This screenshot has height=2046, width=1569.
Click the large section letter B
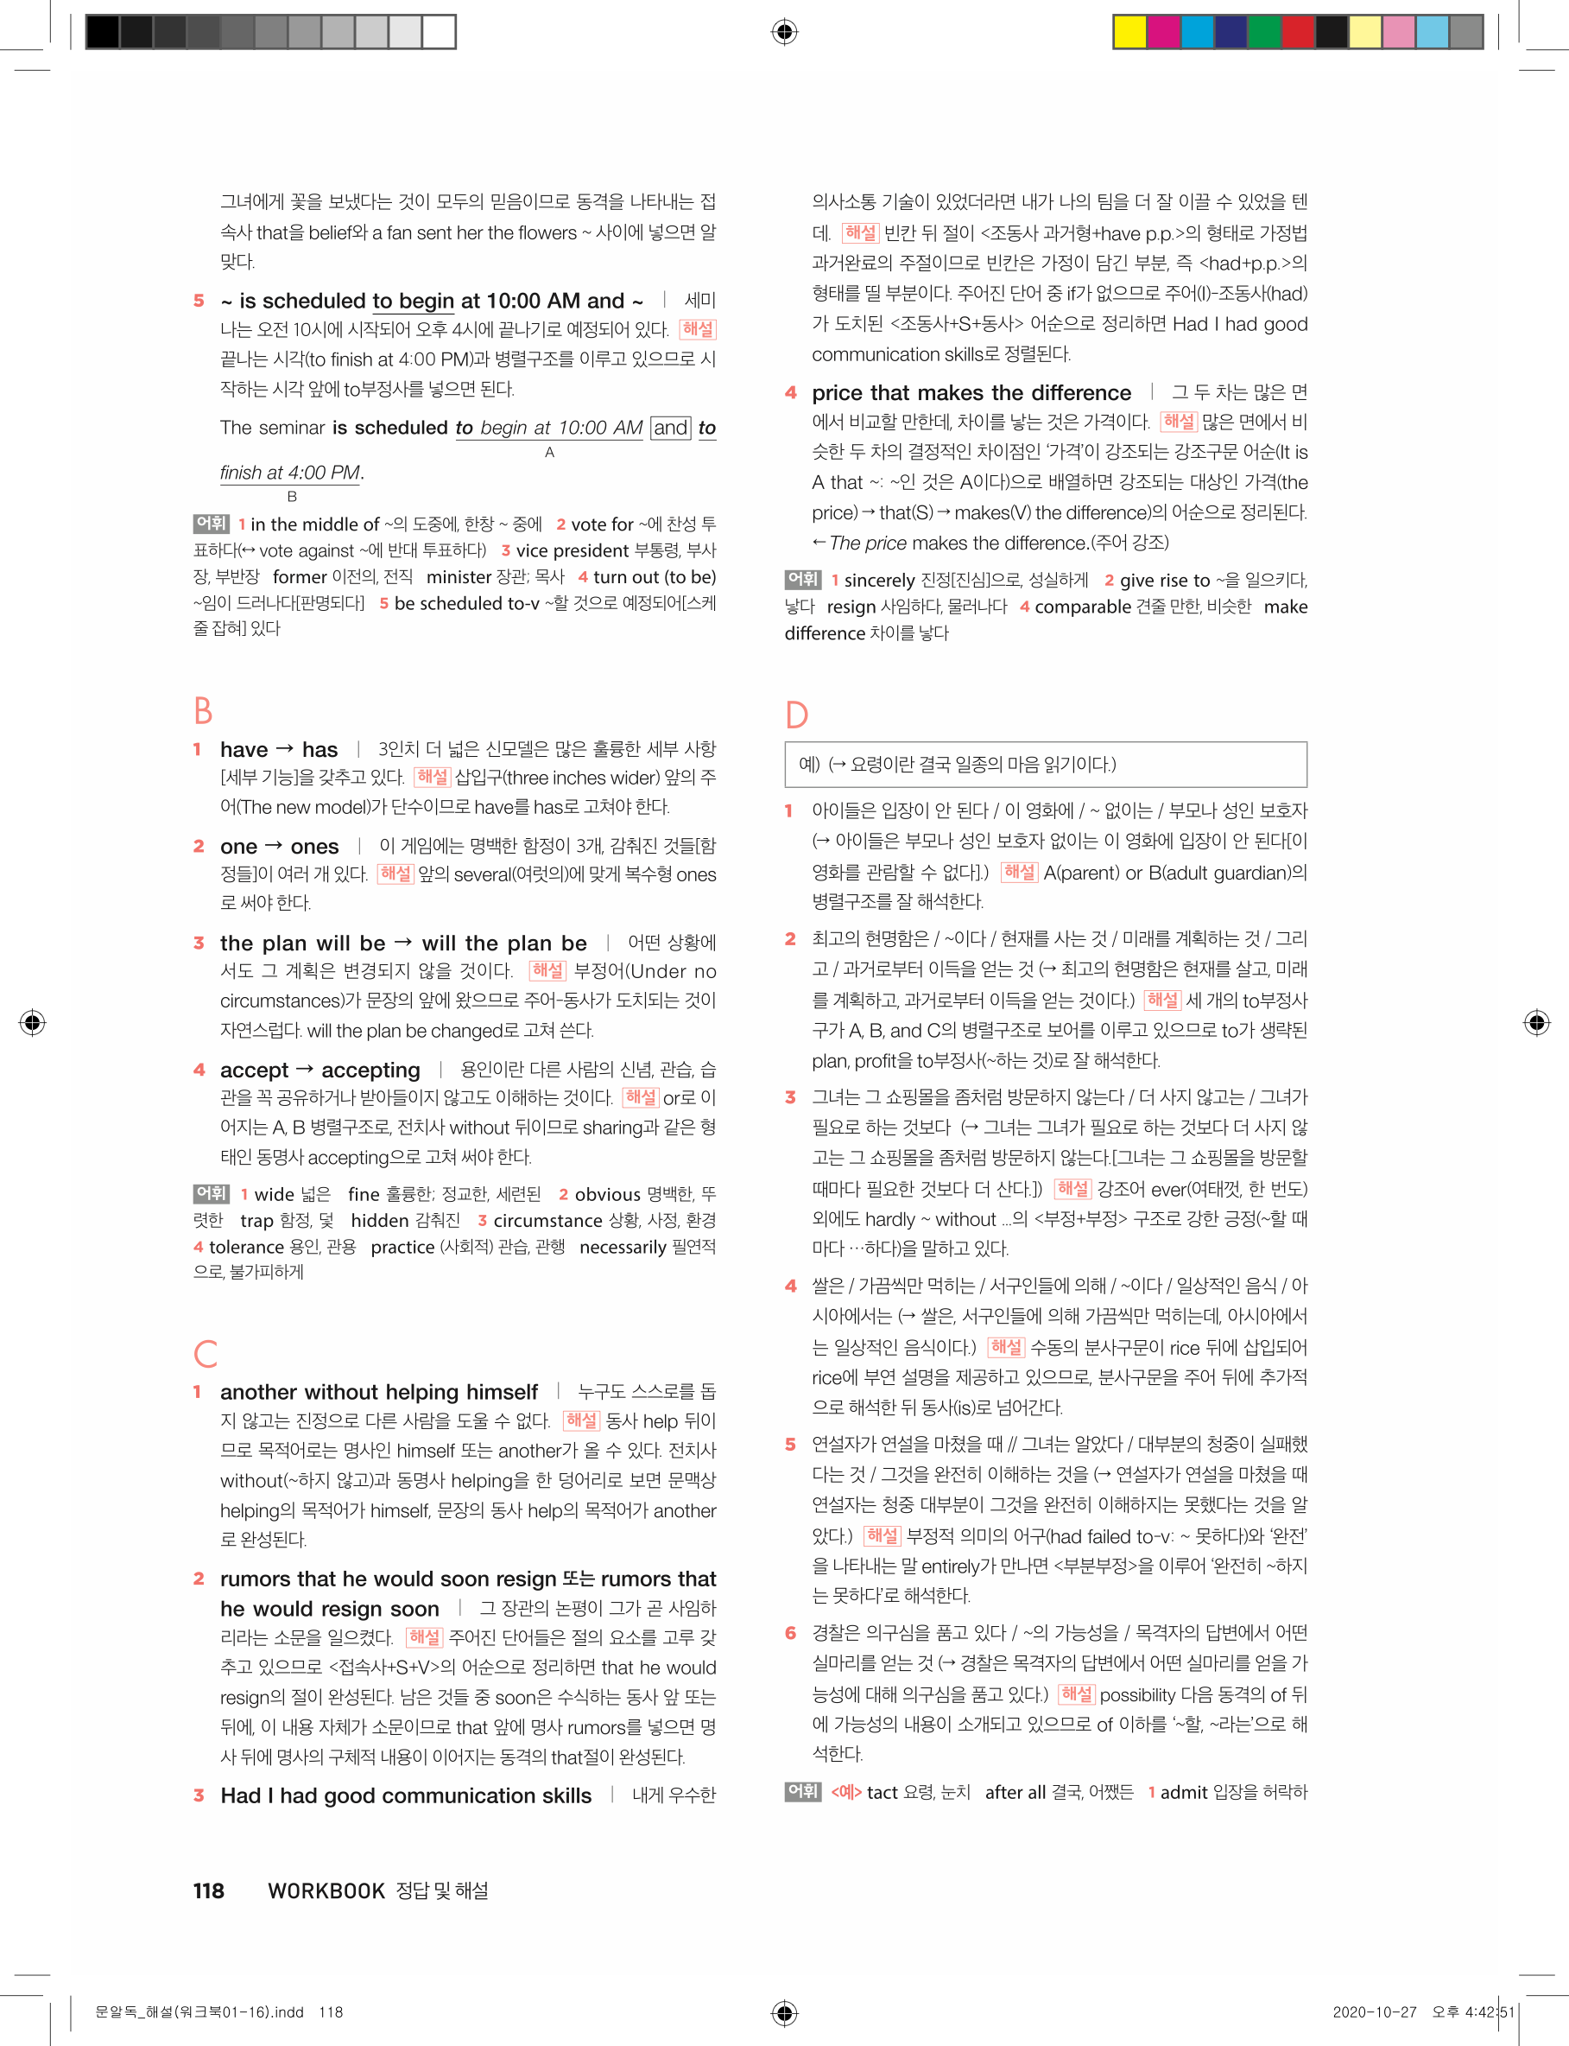point(203,710)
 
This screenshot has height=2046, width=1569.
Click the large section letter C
point(206,1353)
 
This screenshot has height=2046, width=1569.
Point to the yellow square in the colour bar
point(1130,32)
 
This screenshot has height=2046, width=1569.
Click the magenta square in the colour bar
point(1163,32)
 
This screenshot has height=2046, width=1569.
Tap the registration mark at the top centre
point(784,32)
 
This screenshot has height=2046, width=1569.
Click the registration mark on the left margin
point(32,1022)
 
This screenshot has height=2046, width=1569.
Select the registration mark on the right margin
point(1536,1022)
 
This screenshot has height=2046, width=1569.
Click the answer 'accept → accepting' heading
point(319,1070)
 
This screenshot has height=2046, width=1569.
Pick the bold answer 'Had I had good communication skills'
point(405,1795)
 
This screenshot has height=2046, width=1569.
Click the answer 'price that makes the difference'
point(971,392)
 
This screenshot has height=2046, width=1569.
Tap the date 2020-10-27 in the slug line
point(1374,2011)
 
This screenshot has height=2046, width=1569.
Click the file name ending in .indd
point(199,2011)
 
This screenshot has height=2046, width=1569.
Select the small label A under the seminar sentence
point(549,452)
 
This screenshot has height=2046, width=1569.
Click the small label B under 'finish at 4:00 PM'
point(291,496)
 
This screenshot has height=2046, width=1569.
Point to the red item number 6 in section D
point(790,1632)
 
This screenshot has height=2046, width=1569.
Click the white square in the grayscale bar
point(438,32)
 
